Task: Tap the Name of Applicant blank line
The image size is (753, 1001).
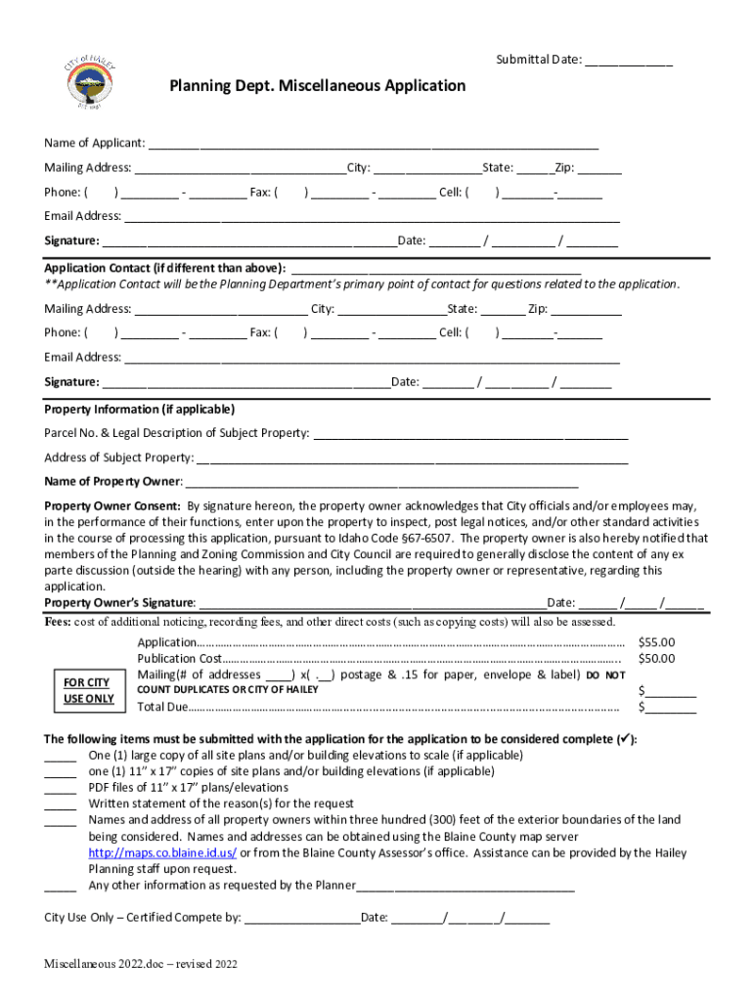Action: pos(372,145)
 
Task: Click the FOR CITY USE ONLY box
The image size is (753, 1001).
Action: pos(87,691)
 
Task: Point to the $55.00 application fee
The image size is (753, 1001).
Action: pos(656,643)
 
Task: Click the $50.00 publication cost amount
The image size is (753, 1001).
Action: pos(656,659)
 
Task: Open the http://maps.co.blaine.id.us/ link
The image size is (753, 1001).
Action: pos(162,853)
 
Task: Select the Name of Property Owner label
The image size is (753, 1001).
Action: pos(112,482)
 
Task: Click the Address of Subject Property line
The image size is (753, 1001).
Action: pos(412,458)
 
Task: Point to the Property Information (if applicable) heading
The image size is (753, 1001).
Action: pos(139,410)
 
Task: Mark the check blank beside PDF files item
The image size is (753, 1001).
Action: pos(60,788)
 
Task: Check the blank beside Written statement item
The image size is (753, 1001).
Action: pos(60,805)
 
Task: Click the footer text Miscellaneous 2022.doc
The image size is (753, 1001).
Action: pos(141,965)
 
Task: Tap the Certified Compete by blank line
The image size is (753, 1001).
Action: pos(301,919)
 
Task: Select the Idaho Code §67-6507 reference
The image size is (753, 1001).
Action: pos(403,538)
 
